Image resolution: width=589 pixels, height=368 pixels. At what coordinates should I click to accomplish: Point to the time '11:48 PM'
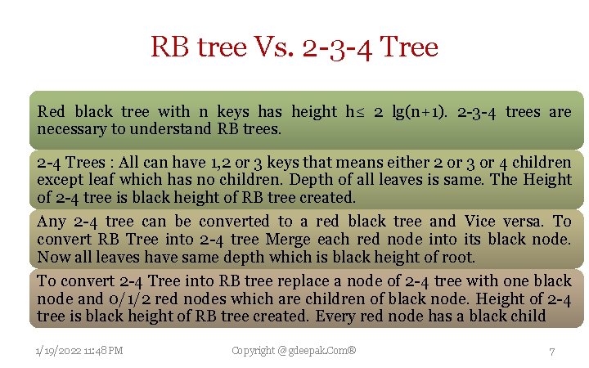103,351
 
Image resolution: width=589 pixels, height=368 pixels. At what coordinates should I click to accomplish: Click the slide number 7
552,351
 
